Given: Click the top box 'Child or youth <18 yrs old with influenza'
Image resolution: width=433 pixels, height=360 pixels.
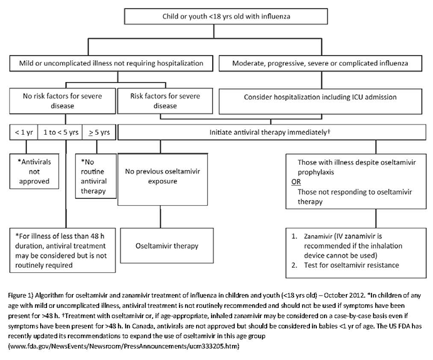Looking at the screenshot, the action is tap(226, 16).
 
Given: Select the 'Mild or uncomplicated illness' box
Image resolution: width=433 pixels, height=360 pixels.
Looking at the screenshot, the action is tap(111, 63).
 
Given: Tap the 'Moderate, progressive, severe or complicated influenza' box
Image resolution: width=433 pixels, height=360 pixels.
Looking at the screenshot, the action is tap(320, 63).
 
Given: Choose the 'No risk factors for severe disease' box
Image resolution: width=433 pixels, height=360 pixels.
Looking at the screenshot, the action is tap(62, 101).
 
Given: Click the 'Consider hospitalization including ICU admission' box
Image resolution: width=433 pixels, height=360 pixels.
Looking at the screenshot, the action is tap(320, 101).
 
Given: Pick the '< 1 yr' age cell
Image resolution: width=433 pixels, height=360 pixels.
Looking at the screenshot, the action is tap(24, 132).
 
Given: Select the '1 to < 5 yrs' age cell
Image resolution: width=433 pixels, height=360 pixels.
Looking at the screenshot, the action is tap(61, 132).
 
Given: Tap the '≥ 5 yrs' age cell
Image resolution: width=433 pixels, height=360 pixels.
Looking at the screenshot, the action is tap(99, 132).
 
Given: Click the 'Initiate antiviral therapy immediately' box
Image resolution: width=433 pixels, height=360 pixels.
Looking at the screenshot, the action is tap(272, 132).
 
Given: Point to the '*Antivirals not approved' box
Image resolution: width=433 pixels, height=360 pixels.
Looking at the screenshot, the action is tap(35, 171).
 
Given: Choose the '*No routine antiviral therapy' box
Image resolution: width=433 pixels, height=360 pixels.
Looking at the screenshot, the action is tap(96, 176).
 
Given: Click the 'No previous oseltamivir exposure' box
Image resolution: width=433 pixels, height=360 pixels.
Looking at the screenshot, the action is tap(163, 179).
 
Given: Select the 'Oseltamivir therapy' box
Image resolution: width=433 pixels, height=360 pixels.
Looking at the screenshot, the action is tap(167, 245).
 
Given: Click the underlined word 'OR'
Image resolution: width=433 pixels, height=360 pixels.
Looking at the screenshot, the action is tap(296, 182).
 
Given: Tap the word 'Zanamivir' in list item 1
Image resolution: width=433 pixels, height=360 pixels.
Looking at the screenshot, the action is tap(318, 236).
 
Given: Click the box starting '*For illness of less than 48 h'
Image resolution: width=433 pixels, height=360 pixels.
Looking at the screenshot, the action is tap(62, 250).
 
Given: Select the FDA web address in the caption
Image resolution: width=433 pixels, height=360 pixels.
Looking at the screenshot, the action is tap(124, 346).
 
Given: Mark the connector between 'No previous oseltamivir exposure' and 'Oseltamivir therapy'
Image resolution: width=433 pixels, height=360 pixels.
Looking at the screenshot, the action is tap(161, 217).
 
